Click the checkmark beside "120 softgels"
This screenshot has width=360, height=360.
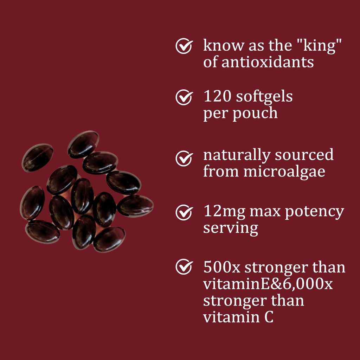pos(184,97)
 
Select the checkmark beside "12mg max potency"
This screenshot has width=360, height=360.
pos(184,213)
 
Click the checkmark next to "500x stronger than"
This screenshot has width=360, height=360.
pos(184,267)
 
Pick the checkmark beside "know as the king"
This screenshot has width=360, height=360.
pos(184,46)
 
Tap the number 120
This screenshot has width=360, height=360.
pos(217,97)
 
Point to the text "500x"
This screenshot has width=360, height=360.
pos(221,267)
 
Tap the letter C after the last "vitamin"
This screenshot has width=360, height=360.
pos(268,317)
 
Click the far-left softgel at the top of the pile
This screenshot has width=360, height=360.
pos(38,157)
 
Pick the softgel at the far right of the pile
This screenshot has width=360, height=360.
pos(135,206)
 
